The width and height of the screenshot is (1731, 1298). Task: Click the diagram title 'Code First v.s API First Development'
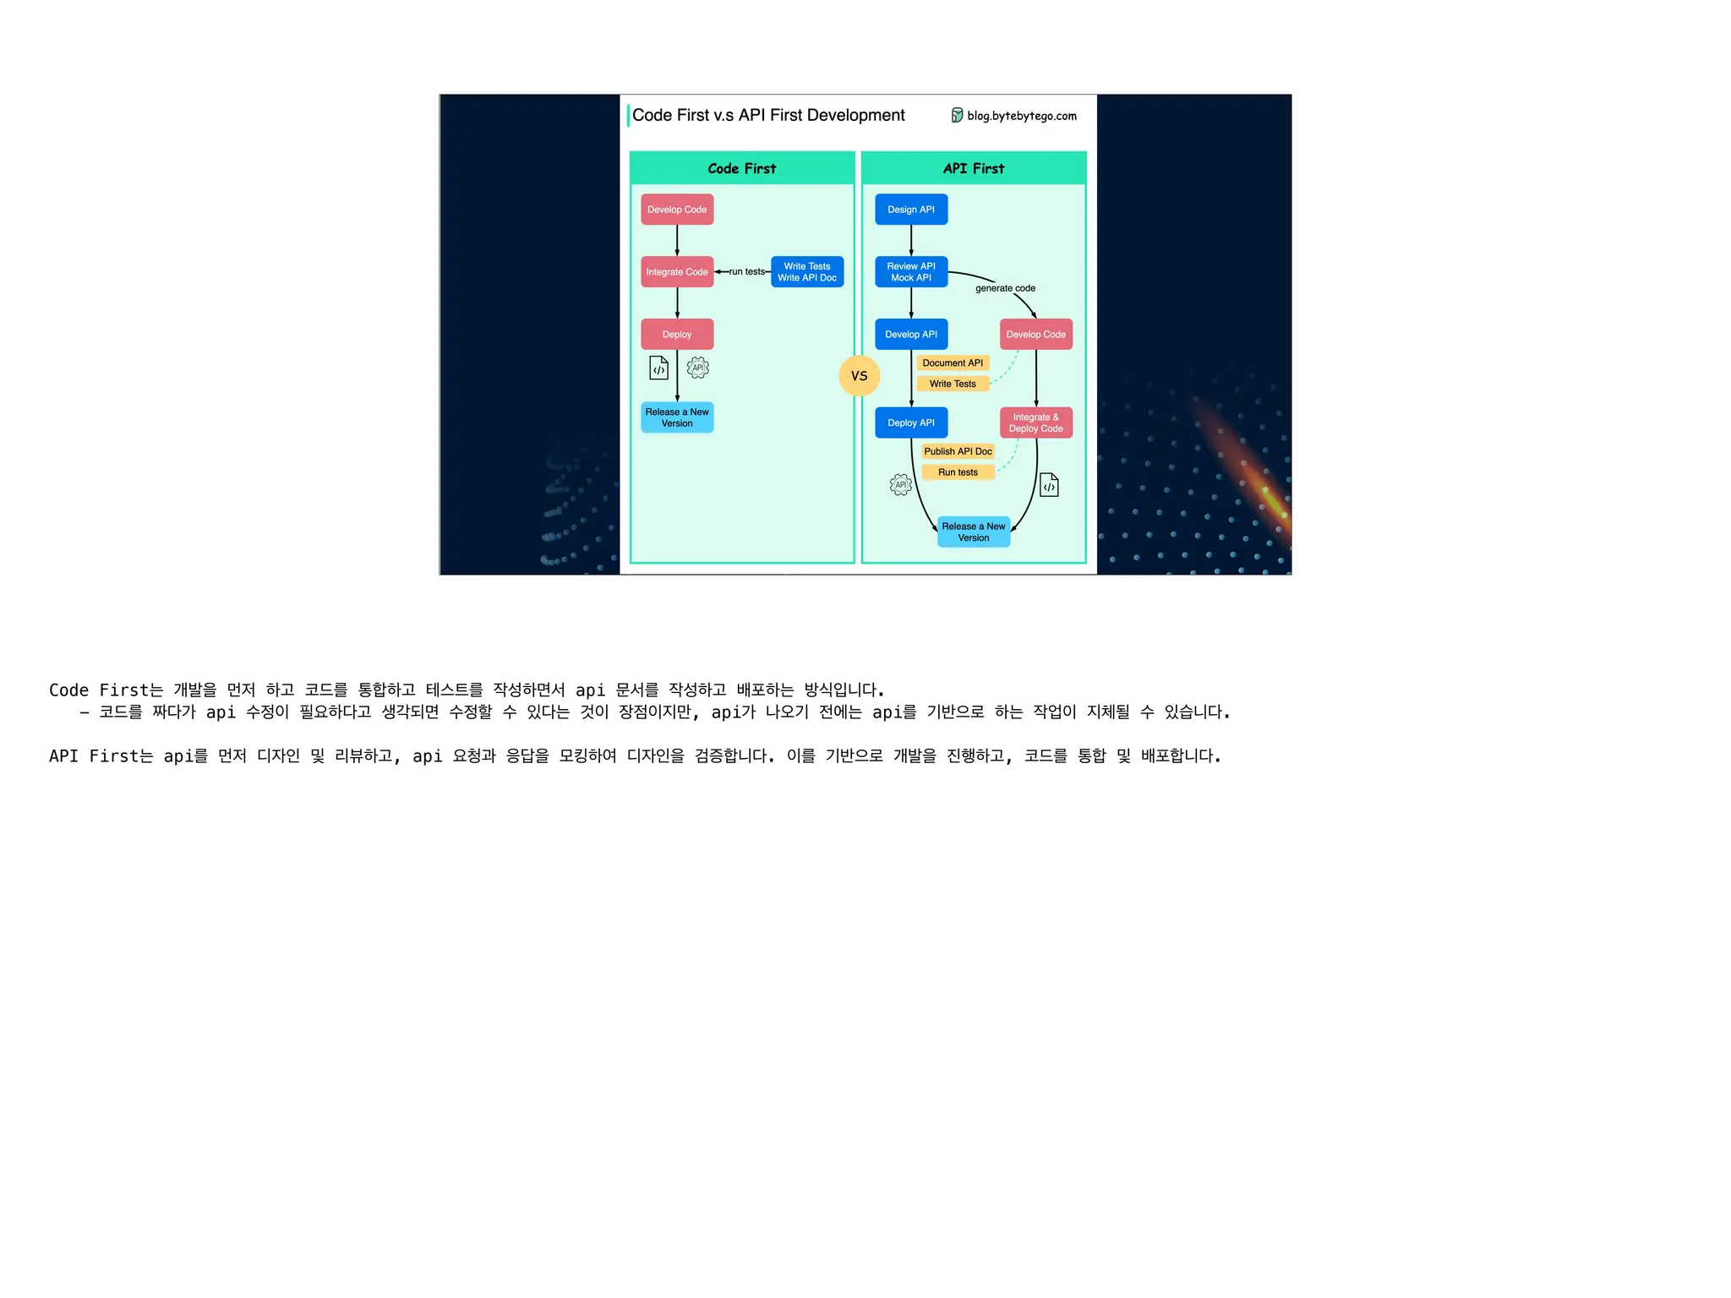(767, 116)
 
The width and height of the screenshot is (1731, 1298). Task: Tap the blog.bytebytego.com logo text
(1021, 116)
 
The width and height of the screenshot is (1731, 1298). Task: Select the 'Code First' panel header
(741, 168)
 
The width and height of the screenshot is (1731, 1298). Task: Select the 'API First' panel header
(973, 168)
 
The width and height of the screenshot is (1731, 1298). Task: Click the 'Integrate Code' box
(677, 272)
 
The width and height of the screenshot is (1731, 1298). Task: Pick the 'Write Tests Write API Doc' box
(807, 272)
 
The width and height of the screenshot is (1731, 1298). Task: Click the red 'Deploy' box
(677, 335)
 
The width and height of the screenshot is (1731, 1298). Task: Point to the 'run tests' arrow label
(746, 272)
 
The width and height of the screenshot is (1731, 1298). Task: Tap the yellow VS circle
(859, 376)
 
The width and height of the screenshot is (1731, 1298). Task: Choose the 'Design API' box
(911, 210)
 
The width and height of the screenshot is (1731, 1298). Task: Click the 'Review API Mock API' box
(911, 272)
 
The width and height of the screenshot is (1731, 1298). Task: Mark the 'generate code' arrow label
(1005, 288)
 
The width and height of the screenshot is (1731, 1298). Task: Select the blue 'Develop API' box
(911, 335)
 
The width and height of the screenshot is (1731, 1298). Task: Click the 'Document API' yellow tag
(953, 363)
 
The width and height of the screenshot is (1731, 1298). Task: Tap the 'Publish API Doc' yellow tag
(958, 451)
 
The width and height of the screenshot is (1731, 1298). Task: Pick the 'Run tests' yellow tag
(958, 472)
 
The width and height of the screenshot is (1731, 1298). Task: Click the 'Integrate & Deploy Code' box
(1035, 423)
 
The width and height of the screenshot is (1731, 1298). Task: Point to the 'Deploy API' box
(911, 423)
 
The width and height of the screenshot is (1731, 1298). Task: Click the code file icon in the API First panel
(1049, 485)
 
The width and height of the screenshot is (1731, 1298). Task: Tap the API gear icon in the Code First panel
(698, 368)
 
